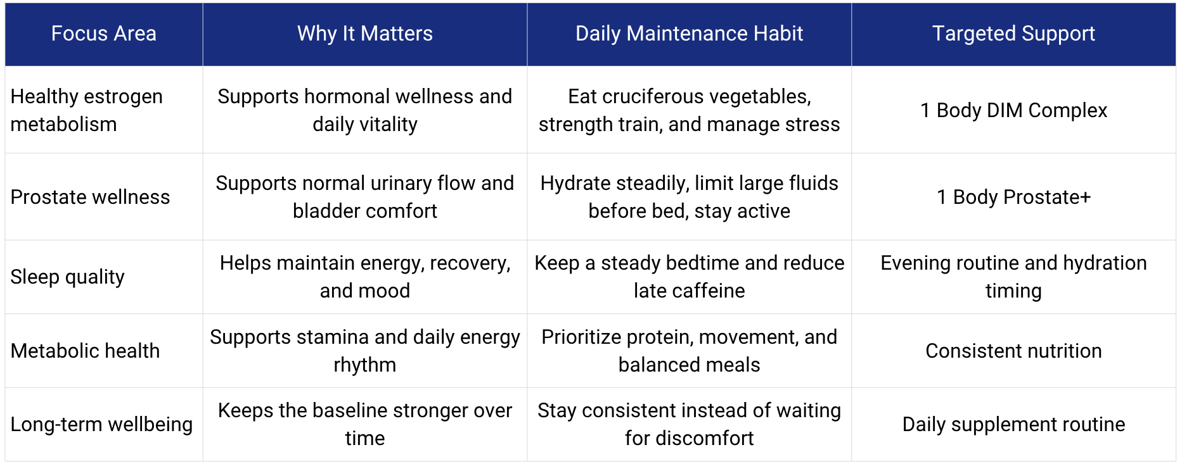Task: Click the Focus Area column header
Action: (x=103, y=34)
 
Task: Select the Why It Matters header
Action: (x=365, y=34)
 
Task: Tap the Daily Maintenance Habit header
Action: (x=689, y=34)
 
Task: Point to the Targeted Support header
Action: (x=1013, y=34)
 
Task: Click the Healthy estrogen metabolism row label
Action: (x=87, y=110)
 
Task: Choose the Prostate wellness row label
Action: (x=90, y=197)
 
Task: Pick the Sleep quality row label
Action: (x=68, y=277)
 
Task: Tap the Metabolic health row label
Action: (x=85, y=351)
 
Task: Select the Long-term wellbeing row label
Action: (x=101, y=424)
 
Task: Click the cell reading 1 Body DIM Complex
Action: (x=1013, y=110)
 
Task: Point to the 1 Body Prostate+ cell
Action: (x=1013, y=197)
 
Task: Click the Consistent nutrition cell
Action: (x=1013, y=351)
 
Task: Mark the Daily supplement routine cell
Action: (x=1013, y=424)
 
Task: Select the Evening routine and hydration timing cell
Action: (x=1013, y=277)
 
